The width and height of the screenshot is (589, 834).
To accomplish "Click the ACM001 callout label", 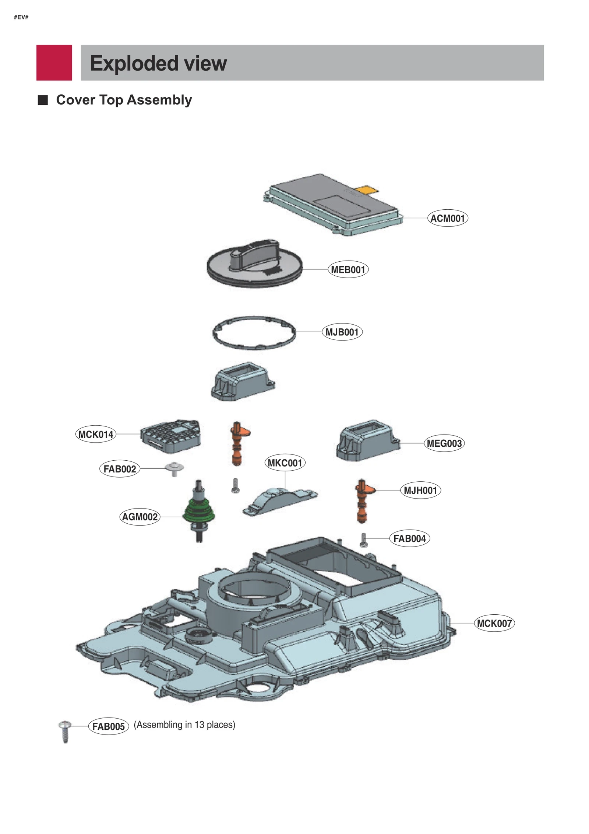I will point(447,219).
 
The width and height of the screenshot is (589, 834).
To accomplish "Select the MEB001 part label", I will point(348,270).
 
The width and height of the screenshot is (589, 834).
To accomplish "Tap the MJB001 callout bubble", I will point(342,332).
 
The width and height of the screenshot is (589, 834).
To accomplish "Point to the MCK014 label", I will point(96,435).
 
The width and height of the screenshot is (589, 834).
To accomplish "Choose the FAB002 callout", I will point(120,469).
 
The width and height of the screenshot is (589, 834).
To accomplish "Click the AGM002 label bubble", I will point(140,517).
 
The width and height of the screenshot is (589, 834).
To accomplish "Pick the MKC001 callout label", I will point(285,463).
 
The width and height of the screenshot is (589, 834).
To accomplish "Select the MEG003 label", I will point(444,443).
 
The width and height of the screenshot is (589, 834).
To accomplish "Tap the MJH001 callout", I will point(420,491).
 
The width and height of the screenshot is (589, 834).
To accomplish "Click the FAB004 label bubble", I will point(409,539).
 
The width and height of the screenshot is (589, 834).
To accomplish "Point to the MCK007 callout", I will point(494,624).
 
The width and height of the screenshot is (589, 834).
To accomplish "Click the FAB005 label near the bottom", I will point(109,726).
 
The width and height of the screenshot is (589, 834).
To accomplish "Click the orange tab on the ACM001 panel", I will point(367,190).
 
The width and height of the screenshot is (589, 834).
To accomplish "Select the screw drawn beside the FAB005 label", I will point(65,731).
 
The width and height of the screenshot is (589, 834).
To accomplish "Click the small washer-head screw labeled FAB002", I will point(174,469).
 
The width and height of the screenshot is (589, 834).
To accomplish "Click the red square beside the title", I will point(54,63).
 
